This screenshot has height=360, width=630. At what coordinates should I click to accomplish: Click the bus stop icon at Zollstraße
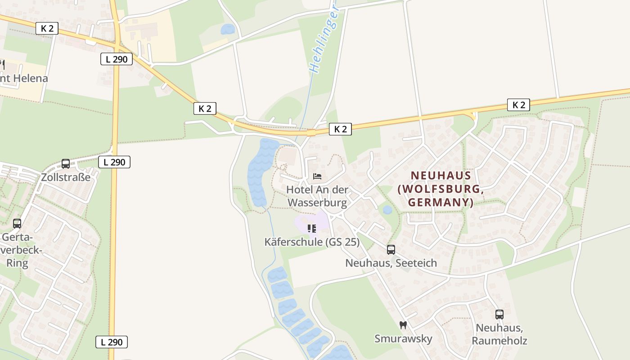coord(66,164)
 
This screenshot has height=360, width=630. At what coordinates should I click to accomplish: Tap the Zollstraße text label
coord(66,177)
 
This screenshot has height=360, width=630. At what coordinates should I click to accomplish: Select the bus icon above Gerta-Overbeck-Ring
coord(17,223)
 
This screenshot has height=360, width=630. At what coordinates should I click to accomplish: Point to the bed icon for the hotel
coord(317,176)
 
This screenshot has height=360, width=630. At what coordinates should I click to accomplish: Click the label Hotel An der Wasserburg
coord(317,196)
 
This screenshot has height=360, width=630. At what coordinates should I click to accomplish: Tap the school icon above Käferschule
coord(311,229)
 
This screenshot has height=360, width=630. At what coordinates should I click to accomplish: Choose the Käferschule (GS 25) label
coord(312,242)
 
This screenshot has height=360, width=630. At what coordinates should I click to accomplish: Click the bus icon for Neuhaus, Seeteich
coord(391,249)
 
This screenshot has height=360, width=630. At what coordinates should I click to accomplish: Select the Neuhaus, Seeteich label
coord(391,263)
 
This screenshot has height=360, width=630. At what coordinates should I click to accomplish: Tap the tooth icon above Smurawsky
coord(403,325)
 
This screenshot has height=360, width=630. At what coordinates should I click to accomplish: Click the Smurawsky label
coord(403,339)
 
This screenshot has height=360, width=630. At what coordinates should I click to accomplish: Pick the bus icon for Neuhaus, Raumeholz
coord(499,315)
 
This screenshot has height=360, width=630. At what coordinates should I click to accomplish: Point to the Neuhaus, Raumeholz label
coord(499,334)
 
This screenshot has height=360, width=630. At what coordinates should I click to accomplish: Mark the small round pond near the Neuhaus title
coord(387,210)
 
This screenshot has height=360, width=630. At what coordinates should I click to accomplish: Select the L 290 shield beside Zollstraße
coord(114,162)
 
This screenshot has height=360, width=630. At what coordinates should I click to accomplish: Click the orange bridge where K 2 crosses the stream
coord(311,133)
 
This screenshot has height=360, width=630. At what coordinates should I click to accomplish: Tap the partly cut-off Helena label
coord(25,78)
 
